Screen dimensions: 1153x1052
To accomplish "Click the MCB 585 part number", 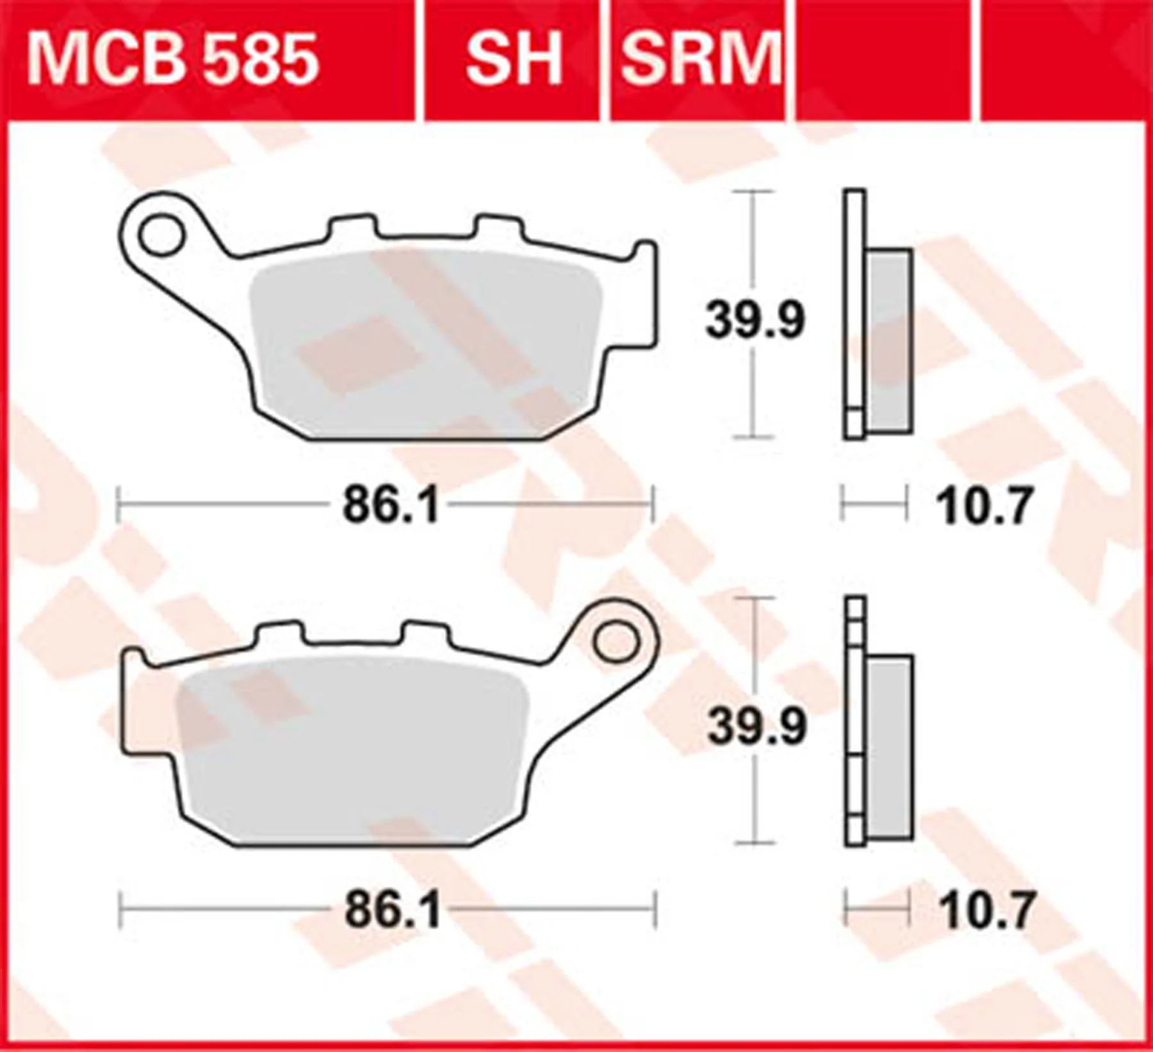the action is click(172, 60).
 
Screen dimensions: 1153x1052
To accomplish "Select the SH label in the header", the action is click(514, 60).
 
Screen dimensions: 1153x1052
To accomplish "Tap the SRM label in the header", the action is click(701, 60).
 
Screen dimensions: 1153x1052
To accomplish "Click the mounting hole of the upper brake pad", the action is click(161, 234).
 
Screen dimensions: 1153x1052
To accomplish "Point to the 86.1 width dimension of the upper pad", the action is click(391, 505).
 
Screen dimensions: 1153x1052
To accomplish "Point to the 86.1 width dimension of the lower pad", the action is click(393, 910).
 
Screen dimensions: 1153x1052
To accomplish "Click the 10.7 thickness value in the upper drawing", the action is click(985, 505).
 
